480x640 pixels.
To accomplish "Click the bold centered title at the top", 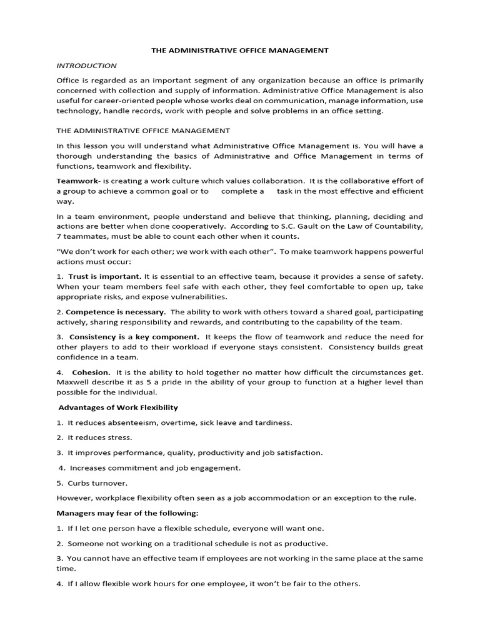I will click(240, 51).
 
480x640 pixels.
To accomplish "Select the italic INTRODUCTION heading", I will click(86, 65).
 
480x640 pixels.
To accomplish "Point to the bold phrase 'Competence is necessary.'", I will click(116, 311).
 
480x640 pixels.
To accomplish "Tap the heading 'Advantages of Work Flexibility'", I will click(118, 407).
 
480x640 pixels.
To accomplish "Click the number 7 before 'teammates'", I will click(59, 236).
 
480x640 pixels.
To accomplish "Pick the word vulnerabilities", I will click(200, 296).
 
